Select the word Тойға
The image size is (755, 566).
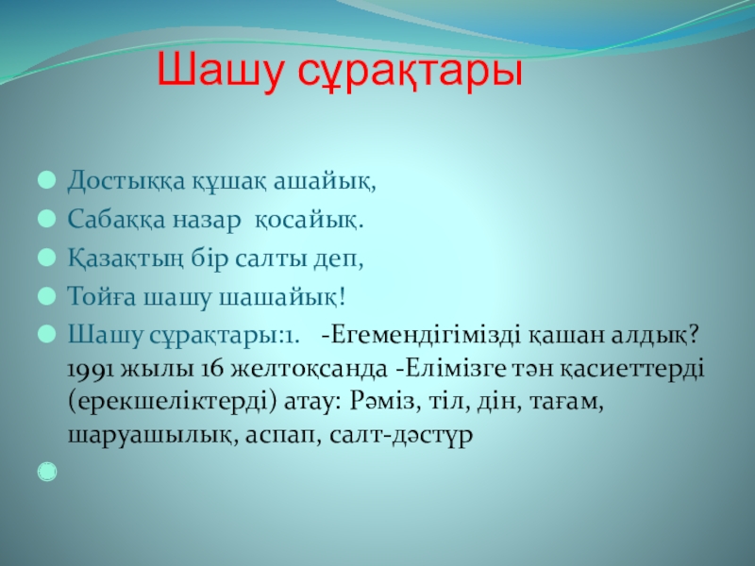point(102,296)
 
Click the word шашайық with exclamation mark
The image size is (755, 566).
point(282,297)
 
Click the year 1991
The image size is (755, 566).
point(90,369)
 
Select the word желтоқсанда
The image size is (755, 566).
point(310,370)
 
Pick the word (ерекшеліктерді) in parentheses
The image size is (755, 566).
point(173,403)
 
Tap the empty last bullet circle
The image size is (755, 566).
point(47,472)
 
